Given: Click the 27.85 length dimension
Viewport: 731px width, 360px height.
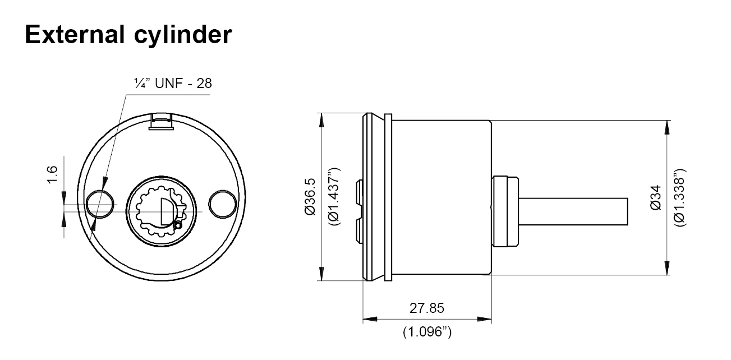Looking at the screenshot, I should tap(426, 308).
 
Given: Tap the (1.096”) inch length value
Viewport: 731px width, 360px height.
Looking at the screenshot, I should tap(427, 332).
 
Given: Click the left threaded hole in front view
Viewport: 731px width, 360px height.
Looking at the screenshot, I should tap(101, 203).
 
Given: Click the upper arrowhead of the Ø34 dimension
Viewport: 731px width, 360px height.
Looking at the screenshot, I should tap(667, 127).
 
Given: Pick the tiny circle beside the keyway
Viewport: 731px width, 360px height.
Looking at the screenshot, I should tap(178, 225).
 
